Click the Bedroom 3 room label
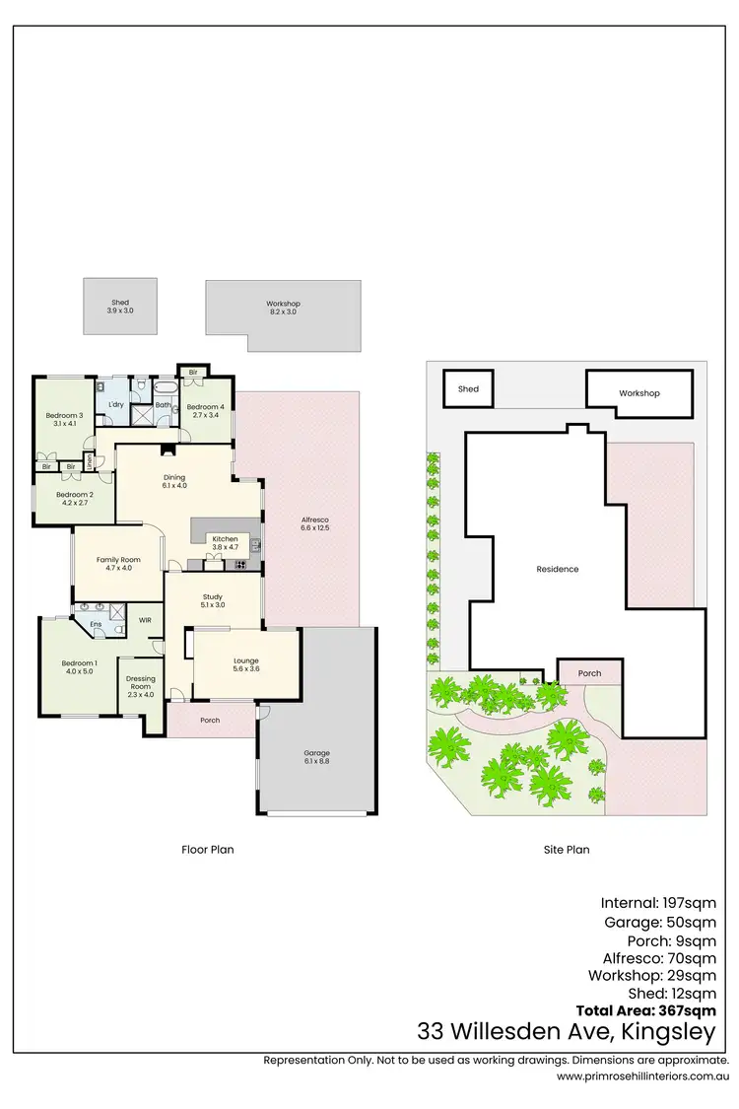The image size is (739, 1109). [63, 415]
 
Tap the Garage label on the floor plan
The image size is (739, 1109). [316, 753]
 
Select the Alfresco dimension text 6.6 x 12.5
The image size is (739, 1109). [314, 528]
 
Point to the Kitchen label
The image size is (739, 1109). [226, 539]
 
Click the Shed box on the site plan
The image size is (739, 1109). [468, 389]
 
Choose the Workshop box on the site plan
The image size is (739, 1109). [638, 393]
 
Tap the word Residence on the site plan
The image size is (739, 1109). [557, 569]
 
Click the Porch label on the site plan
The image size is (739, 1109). [589, 673]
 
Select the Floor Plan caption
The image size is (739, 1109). [208, 849]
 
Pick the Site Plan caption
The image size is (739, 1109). [567, 849]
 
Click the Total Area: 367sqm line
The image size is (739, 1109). [645, 1010]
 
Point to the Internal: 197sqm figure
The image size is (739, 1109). [658, 902]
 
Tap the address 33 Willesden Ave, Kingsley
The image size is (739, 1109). [567, 1032]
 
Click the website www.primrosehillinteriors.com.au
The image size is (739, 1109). [642, 1076]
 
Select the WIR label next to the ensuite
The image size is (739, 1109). [145, 620]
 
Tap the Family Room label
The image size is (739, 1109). [119, 560]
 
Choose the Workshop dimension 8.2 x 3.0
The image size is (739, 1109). [283, 312]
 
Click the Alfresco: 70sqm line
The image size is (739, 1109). [659, 957]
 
